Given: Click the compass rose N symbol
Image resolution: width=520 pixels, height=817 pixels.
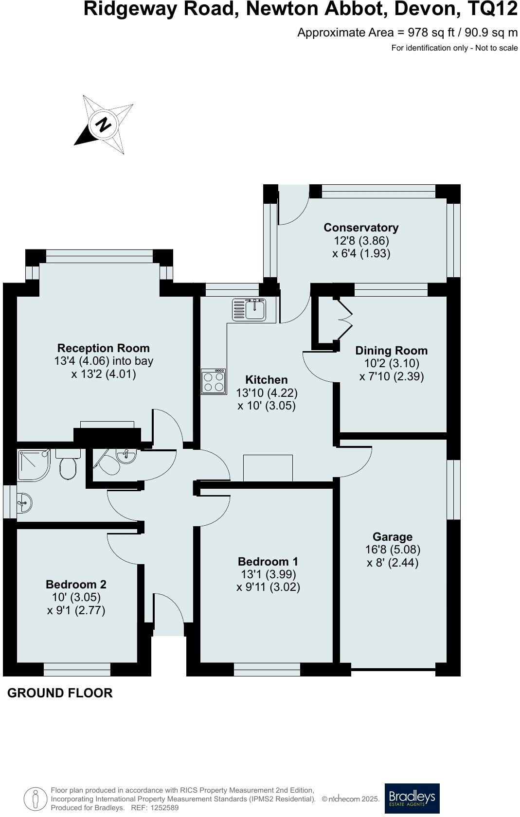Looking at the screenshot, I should pos(103,124).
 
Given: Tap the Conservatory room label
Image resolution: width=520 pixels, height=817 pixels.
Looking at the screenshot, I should pos(361,228).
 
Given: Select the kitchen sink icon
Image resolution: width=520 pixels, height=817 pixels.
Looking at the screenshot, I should pos(249,309).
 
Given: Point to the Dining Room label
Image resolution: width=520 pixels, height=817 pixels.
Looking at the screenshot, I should pos(391,351).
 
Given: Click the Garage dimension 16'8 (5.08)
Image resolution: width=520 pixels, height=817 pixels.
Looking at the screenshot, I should pos(393,550).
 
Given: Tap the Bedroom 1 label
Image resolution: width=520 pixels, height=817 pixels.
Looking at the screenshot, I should pos(268,562).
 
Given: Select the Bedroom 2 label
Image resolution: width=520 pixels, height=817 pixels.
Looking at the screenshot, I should pos(76,585).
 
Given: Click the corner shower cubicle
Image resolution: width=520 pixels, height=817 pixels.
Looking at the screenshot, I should pos(33,465).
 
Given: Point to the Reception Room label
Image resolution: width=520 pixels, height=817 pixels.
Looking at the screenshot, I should pos(103,348).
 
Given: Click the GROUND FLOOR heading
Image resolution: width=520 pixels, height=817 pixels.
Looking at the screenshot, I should pos(60,693).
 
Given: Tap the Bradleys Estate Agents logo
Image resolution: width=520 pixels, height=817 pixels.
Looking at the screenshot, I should pos(412,798).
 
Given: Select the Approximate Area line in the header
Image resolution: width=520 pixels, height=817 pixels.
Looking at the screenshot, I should pos(407,33).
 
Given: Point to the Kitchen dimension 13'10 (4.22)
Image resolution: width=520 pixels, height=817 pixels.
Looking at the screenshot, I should pos(267,392).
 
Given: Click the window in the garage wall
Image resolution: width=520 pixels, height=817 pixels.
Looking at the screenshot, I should pos(453,489).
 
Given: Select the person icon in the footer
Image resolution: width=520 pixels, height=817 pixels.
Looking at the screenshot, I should pos(35,799).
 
